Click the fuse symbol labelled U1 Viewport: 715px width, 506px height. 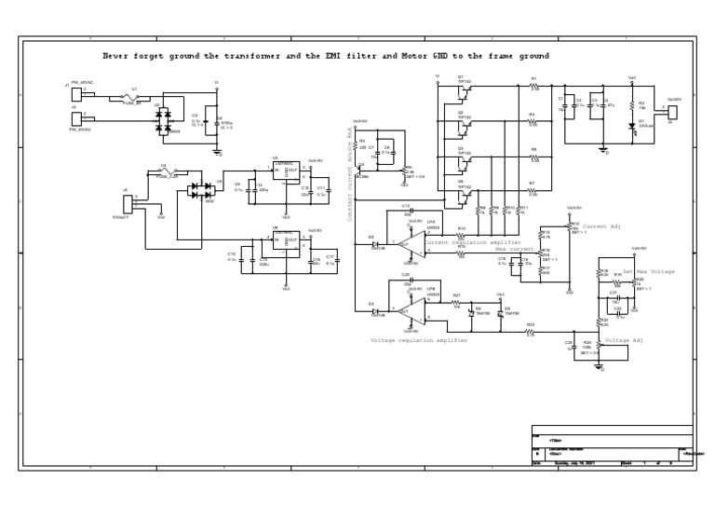pos(130,98)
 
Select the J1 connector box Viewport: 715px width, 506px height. pos(76,93)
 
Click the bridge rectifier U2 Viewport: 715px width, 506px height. pos(165,118)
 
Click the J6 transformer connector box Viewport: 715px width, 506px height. pos(128,201)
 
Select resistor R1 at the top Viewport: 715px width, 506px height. pos(534,86)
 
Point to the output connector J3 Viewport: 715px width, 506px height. pos(672,112)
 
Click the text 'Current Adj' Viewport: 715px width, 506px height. pos(600,226)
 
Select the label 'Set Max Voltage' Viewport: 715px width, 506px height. pos(649,271)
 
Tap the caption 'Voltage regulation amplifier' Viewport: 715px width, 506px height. pos(419,340)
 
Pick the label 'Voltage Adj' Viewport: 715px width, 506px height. pos(624,340)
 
